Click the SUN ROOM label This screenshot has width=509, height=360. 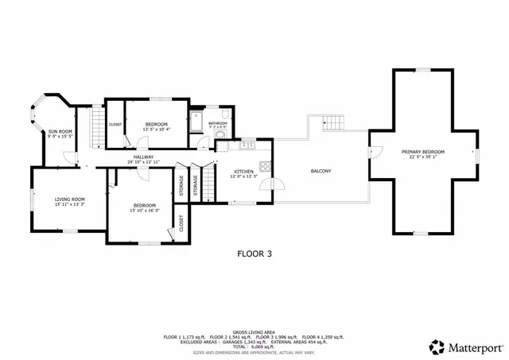[x=60, y=131]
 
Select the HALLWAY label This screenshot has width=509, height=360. [x=143, y=157]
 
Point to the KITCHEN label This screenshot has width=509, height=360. [x=243, y=172]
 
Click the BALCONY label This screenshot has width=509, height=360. [x=321, y=172]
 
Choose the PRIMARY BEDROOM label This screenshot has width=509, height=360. [x=422, y=152]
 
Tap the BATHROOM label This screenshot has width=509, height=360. [x=219, y=123]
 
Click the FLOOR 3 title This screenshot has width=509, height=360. [x=254, y=254]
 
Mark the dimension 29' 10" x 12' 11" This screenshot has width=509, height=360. [x=143, y=162]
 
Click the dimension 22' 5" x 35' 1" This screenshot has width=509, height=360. [x=422, y=157]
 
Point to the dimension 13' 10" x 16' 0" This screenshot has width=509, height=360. [x=145, y=211]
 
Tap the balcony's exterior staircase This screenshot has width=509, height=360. [x=334, y=123]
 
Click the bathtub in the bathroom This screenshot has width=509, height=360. [x=196, y=124]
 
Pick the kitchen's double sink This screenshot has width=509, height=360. [x=247, y=145]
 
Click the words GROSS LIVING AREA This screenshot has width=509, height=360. [x=254, y=331]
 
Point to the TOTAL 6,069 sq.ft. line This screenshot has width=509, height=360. [x=254, y=346]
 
